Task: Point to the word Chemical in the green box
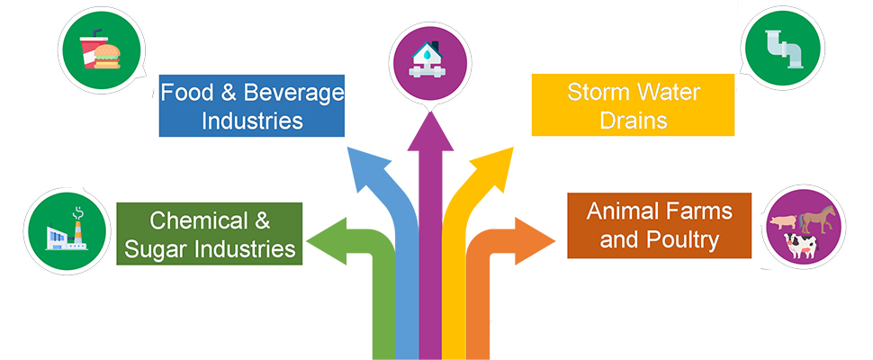198,220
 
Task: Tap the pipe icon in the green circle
787,49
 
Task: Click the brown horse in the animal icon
818,218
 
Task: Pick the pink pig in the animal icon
780,221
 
